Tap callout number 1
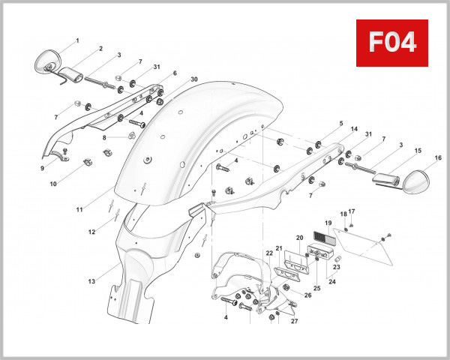[76, 40]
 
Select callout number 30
[194, 79]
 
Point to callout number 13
[91, 282]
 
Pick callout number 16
[438, 158]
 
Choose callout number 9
[43, 168]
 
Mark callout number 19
[328, 223]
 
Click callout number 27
[294, 321]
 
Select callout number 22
[269, 253]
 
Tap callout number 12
[91, 232]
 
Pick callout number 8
[105, 138]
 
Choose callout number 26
[308, 295]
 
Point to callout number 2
[100, 49]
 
